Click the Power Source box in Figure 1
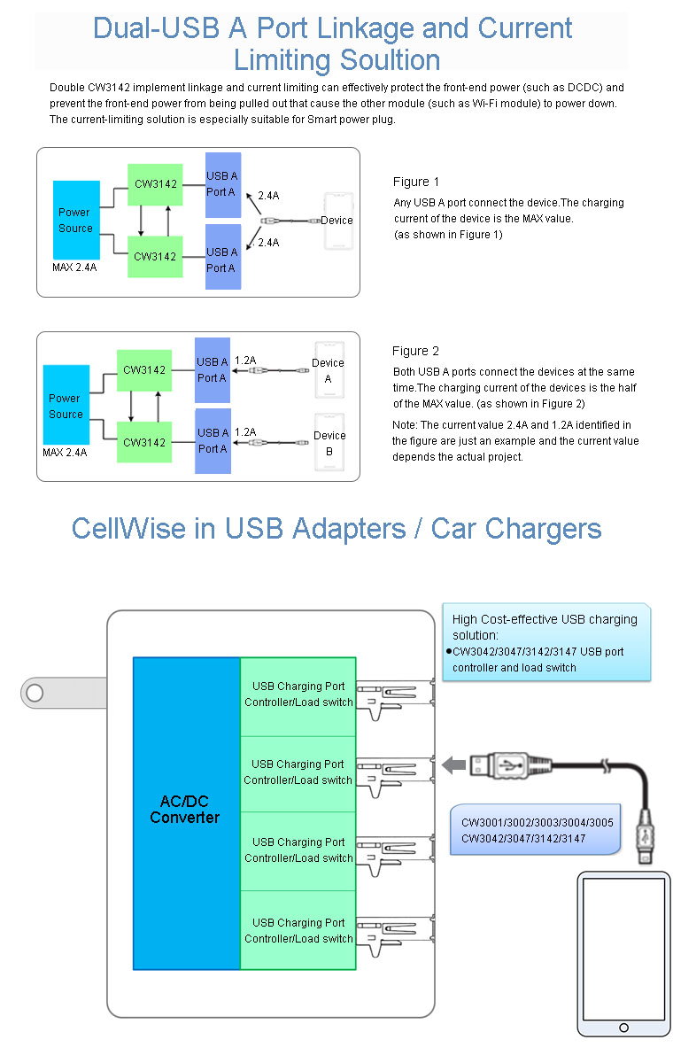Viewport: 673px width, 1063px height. [76, 220]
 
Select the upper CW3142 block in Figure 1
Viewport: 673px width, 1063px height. [155, 184]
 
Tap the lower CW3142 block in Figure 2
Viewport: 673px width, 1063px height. [144, 441]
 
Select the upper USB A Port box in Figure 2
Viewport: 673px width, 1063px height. [213, 369]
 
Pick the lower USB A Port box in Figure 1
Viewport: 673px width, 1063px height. [222, 259]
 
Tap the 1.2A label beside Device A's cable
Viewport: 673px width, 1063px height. [245, 361]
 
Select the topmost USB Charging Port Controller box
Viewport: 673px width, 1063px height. [298, 695]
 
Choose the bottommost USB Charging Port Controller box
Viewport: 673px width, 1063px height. [298, 930]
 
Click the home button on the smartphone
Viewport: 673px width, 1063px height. [624, 1028]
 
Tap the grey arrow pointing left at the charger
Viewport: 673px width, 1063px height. [455, 764]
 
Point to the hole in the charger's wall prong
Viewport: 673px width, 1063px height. [35, 693]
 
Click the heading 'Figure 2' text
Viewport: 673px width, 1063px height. [415, 352]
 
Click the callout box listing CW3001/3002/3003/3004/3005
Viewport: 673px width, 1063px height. [537, 829]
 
